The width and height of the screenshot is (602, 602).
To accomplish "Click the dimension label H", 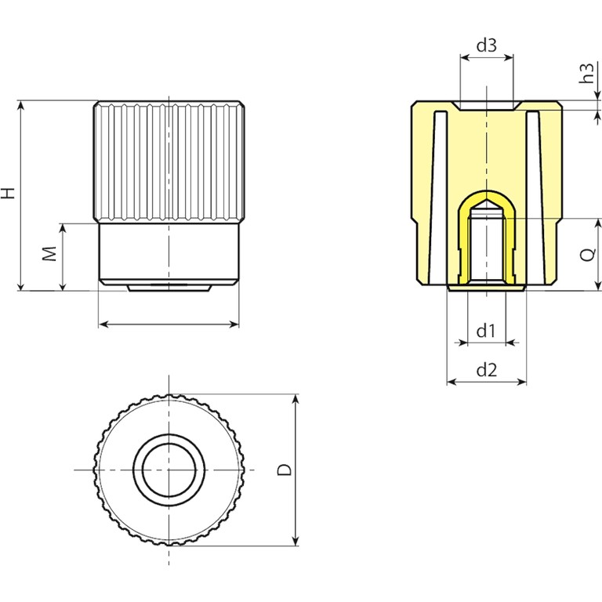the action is click(8, 193).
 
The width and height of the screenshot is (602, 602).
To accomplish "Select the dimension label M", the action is click(49, 254).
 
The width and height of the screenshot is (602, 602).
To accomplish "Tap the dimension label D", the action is click(285, 470).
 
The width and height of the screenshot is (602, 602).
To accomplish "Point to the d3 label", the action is click(487, 45).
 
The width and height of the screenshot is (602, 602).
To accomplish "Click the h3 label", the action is click(586, 74).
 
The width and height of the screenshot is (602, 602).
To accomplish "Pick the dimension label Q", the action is click(588, 254).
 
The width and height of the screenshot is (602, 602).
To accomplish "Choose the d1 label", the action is click(486, 331).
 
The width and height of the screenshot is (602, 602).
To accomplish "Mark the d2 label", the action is click(487, 370).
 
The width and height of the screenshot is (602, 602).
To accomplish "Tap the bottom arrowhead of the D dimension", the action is click(296, 541).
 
